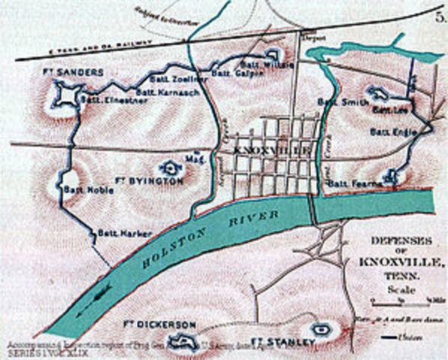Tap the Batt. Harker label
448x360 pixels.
pos(115,233)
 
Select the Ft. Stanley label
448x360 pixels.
pos(279,341)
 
